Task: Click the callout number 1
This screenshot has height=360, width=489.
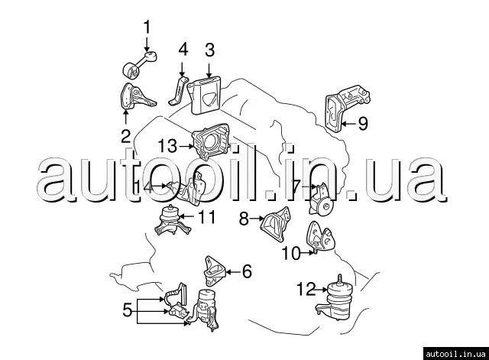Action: [147, 28]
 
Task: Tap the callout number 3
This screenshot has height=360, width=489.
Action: [209, 51]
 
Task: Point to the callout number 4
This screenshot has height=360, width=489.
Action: [183, 51]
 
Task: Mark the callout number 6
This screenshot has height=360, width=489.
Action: [246, 271]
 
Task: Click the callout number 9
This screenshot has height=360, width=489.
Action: [362, 122]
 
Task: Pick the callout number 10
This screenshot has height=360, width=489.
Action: [291, 254]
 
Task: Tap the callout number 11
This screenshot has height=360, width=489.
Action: [207, 217]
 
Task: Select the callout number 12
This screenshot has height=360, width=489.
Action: [306, 289]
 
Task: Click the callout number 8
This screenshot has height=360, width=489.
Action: [244, 219]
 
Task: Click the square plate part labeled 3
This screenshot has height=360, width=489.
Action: [205, 94]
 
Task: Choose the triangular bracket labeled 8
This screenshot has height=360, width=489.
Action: [275, 225]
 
